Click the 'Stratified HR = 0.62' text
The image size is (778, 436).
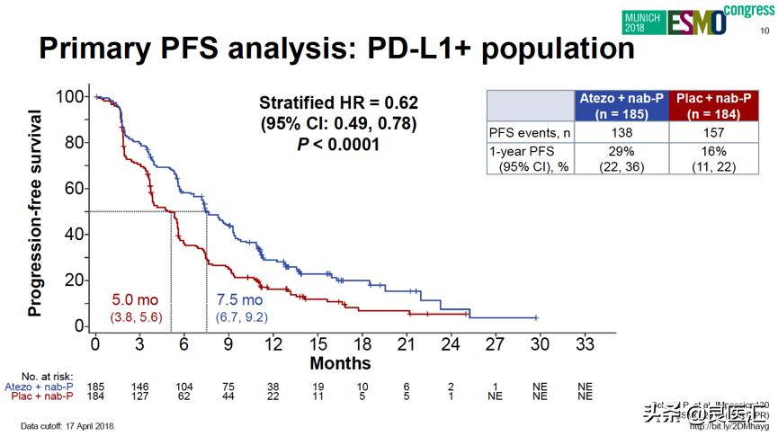[338, 102]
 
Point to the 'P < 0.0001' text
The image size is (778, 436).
[338, 144]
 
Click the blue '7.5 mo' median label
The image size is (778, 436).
[239, 300]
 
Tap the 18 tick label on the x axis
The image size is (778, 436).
[362, 343]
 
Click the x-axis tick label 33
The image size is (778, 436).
[585, 343]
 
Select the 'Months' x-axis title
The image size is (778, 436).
[340, 363]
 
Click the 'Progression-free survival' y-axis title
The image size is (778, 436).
[35, 213]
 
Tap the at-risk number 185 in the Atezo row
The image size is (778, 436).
[95, 386]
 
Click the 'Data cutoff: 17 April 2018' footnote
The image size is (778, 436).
[68, 425]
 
